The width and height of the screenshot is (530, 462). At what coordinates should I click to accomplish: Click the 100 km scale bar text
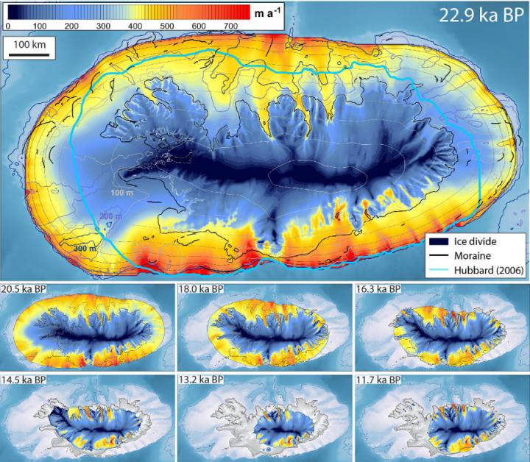pos(29,45)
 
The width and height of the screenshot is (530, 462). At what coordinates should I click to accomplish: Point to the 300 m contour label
pos(84,249)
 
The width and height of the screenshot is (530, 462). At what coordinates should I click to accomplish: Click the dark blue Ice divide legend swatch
pos(440,240)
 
